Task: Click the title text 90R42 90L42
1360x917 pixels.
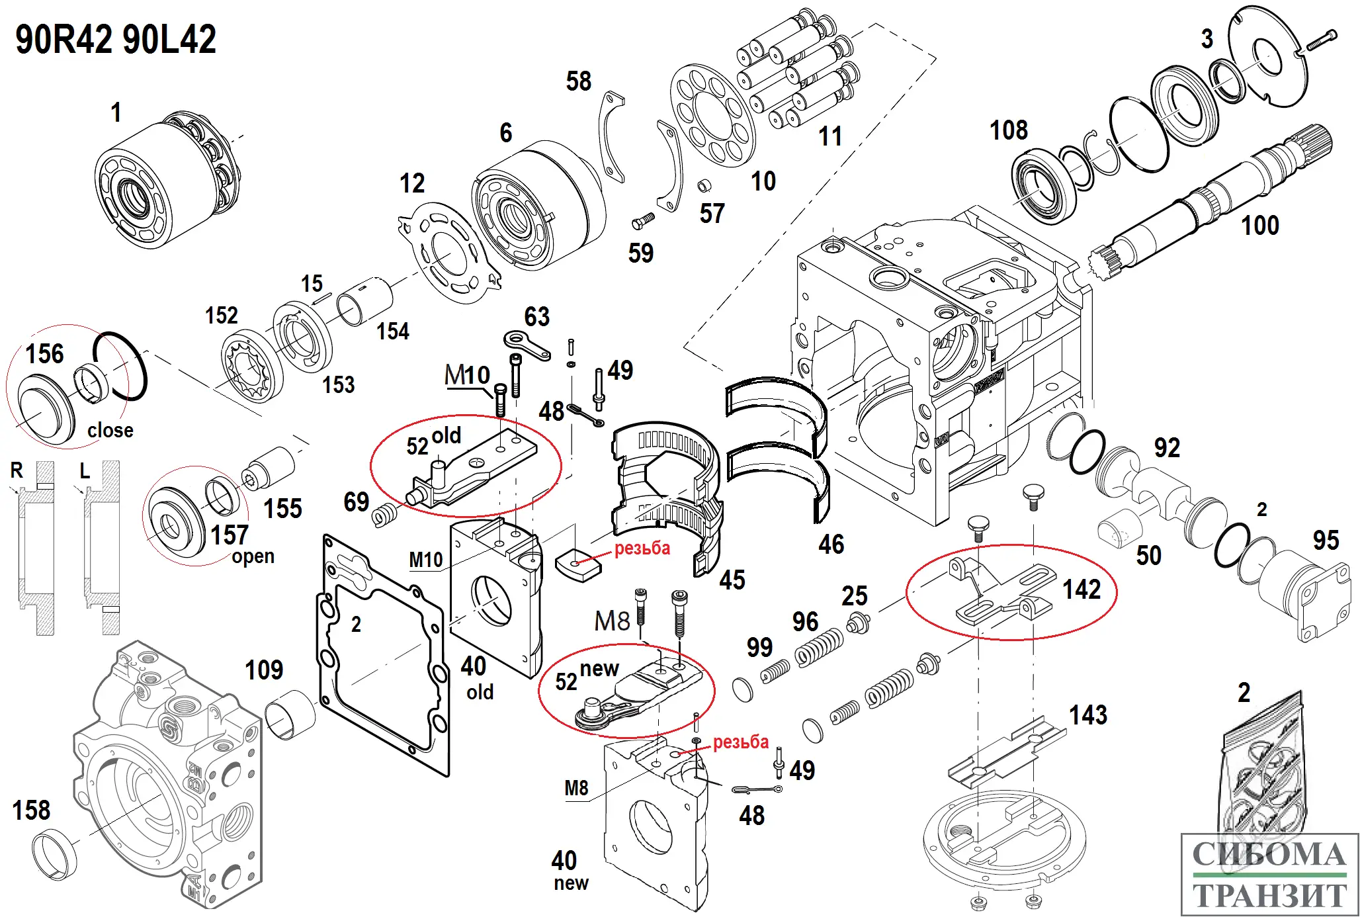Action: [x=116, y=40]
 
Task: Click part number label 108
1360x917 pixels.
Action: [x=1008, y=130]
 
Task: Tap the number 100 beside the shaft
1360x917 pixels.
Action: [x=1259, y=226]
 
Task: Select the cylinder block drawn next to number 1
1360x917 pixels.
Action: [x=165, y=179]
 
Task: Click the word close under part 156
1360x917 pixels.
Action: [x=110, y=430]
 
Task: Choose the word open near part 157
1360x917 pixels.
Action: [x=253, y=556]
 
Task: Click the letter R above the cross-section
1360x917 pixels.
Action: [x=17, y=470]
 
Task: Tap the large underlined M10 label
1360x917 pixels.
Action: [x=467, y=375]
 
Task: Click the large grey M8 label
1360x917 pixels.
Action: [x=612, y=621]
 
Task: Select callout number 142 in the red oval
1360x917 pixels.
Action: [x=1082, y=589]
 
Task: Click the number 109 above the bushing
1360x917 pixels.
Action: [x=264, y=670]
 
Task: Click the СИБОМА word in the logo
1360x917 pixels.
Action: [x=1269, y=855]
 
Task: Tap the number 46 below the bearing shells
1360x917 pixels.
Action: [x=831, y=545]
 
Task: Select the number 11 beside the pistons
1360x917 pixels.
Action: [x=830, y=137]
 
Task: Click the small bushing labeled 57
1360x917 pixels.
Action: [x=704, y=185]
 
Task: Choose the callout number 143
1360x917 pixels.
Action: [x=1088, y=715]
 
